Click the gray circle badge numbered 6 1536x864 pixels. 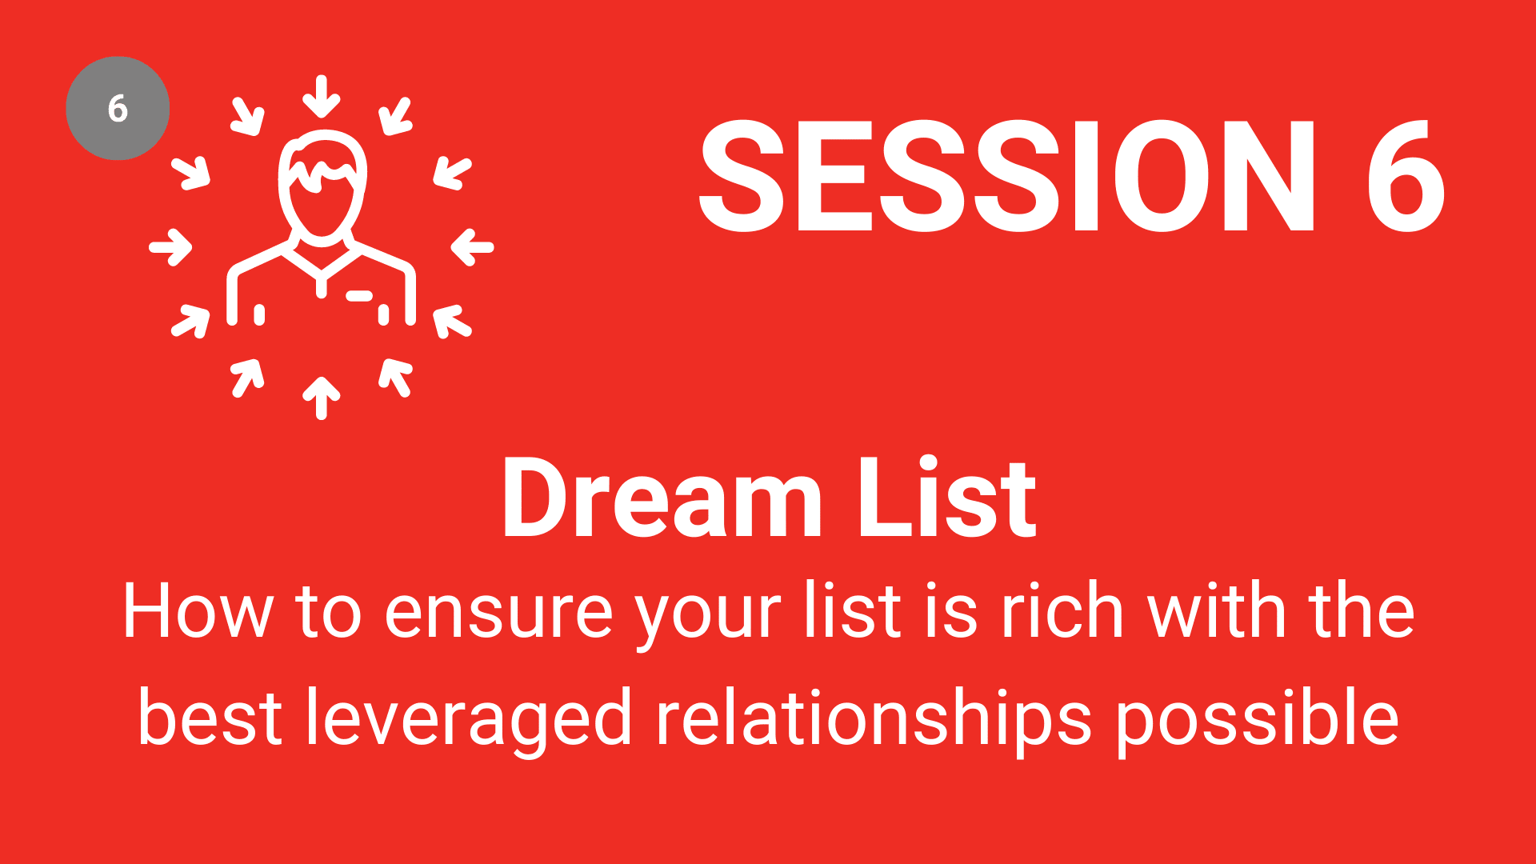[x=118, y=108]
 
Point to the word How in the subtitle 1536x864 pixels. [x=198, y=612]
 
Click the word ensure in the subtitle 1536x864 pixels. [x=498, y=616]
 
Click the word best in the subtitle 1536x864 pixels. [x=210, y=718]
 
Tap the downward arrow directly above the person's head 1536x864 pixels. [x=322, y=96]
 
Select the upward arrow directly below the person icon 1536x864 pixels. [x=322, y=398]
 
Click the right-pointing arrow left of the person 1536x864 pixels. [x=170, y=246]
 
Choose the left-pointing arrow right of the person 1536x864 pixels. [x=473, y=246]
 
